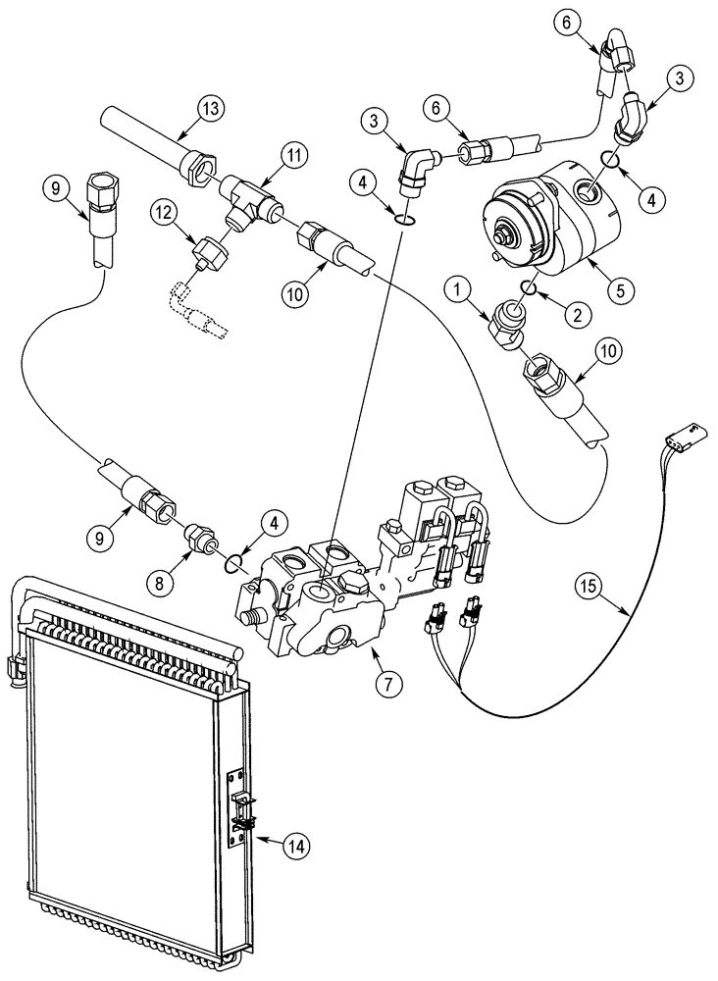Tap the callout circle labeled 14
point(291,844)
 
